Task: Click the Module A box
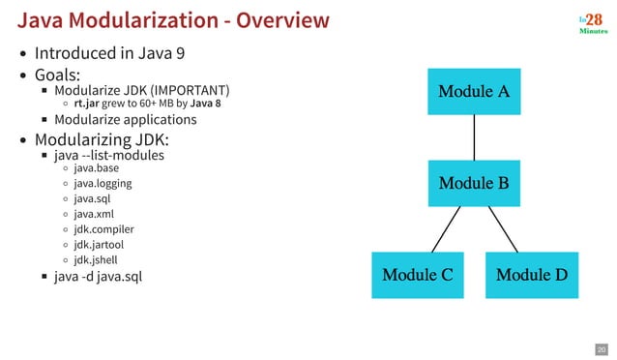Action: click(x=474, y=92)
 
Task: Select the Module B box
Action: click(x=474, y=183)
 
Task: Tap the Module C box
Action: click(x=418, y=274)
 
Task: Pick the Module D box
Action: click(x=531, y=274)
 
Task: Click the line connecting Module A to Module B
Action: click(x=474, y=137)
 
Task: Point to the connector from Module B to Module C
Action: click(x=446, y=229)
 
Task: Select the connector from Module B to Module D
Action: click(x=503, y=229)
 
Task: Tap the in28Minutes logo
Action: click(x=592, y=22)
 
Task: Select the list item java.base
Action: click(x=96, y=167)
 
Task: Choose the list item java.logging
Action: click(x=103, y=183)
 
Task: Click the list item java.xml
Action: click(x=94, y=214)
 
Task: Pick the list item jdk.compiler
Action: click(x=103, y=229)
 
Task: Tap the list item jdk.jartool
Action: click(x=100, y=245)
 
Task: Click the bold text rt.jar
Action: click(x=88, y=104)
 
